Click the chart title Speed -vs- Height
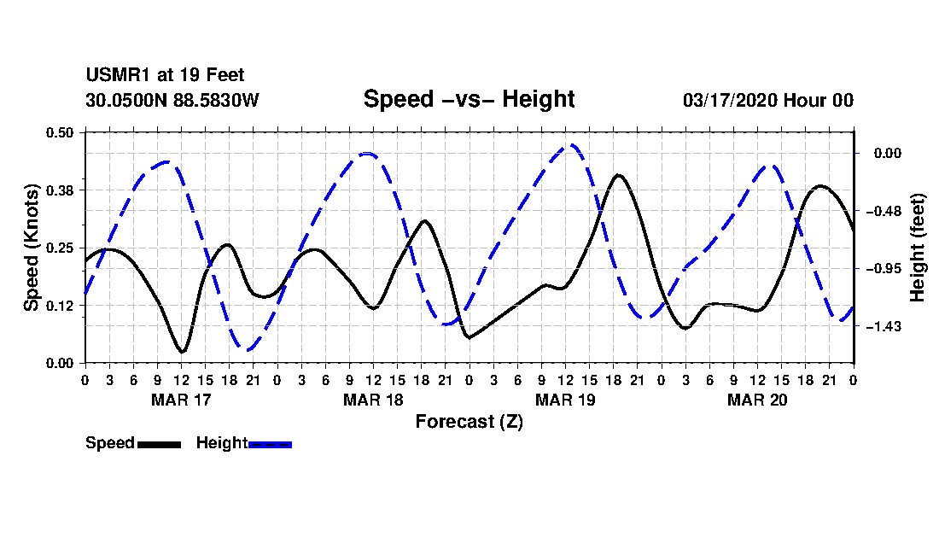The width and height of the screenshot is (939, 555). point(469,99)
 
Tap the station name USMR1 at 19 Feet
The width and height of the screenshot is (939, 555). point(165,75)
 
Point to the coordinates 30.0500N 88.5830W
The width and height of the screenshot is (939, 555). point(172,100)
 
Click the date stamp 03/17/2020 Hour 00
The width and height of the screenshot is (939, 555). point(767,100)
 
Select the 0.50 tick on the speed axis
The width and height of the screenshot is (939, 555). point(59,132)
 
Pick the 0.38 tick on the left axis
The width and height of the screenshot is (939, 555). point(59,190)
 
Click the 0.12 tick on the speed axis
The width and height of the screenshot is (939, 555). point(59,306)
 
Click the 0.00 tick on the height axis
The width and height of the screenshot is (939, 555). point(888,154)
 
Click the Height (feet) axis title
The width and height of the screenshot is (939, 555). point(917,248)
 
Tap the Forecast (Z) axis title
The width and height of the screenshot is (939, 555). point(469,422)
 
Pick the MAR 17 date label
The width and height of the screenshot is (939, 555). point(181,400)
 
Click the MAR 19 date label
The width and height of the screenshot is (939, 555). point(565,400)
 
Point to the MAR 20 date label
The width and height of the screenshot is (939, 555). point(757,400)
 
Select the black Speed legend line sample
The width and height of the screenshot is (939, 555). point(160,444)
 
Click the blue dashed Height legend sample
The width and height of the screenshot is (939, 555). point(270,444)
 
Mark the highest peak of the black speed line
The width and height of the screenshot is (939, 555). point(618,175)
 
